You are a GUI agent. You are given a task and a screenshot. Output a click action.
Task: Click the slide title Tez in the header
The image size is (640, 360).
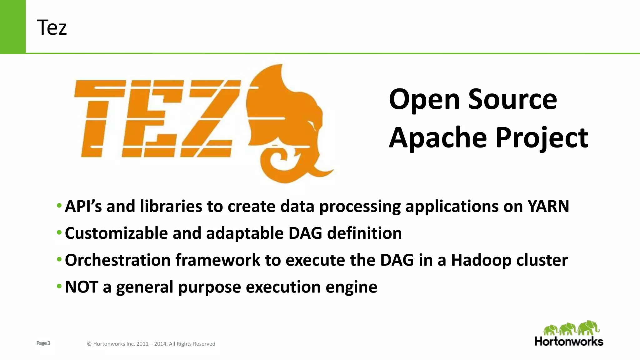pos(52,27)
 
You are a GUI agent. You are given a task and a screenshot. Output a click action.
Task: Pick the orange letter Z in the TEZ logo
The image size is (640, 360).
pos(209,119)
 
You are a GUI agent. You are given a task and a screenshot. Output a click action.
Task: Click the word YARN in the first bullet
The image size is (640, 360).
pos(548,206)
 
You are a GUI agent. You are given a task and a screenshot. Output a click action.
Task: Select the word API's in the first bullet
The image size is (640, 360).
pos(83,206)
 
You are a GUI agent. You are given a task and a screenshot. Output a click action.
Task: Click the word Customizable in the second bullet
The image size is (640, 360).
pos(116,233)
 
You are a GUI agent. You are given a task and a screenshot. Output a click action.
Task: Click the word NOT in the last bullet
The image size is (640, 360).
pos(82,287)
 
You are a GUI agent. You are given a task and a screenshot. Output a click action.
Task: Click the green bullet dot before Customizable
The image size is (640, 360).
pos(59,233)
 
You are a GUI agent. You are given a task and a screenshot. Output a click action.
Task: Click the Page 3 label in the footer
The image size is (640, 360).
pos(43,343)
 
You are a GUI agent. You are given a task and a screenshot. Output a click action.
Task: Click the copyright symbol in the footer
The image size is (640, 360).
pos(89,344)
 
